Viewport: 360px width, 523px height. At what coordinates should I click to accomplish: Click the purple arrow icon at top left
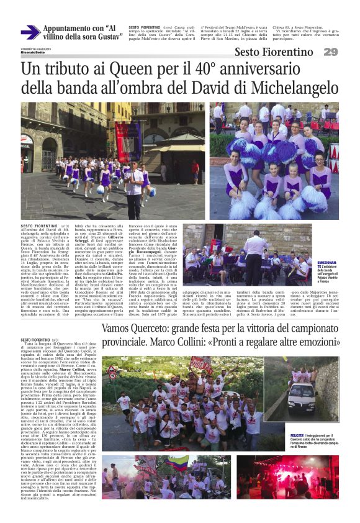tap(30, 32)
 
